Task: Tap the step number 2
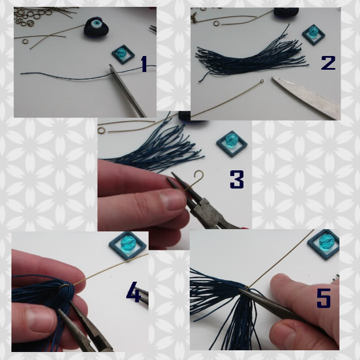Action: [328, 62]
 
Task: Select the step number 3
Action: [237, 179]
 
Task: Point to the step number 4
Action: [133, 293]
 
